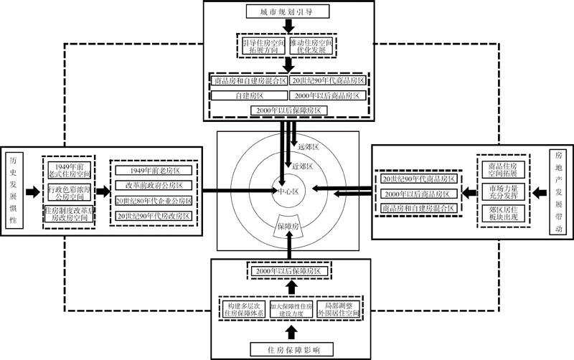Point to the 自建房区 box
coord(250,95)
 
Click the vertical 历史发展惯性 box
coord(13,190)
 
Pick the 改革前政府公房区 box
coord(154,186)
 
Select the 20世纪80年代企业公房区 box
coord(154,201)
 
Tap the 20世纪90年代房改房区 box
coord(154,215)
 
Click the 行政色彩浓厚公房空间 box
coord(70,191)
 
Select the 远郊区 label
coord(307,146)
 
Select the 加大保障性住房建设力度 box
coord(290,310)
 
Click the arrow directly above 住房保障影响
coord(290,331)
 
